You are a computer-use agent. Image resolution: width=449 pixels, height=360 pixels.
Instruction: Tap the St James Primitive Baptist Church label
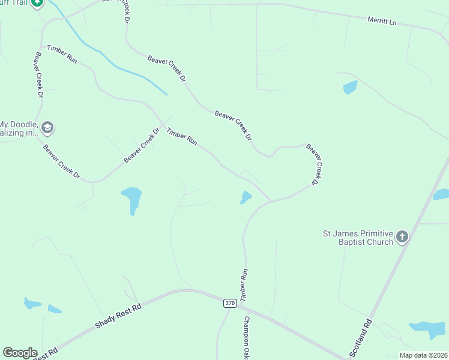coord(358,237)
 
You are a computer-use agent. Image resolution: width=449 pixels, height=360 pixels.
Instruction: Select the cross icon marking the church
coord(402,237)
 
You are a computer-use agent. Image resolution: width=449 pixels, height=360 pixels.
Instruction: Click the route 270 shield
coord(230,303)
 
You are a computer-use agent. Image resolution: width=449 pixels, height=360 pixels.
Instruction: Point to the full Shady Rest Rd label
coord(118,316)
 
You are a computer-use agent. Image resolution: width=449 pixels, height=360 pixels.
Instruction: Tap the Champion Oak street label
coord(246,338)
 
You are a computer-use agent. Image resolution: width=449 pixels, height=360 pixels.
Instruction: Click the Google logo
coord(20,353)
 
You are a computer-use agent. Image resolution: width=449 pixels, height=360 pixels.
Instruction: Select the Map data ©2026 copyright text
coord(423,355)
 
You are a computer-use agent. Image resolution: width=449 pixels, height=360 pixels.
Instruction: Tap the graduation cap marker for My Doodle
coord(47,128)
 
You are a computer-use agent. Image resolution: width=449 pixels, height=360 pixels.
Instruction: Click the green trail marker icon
coord(37,3)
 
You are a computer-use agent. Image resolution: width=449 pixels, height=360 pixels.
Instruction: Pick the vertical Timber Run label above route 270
coord(244,285)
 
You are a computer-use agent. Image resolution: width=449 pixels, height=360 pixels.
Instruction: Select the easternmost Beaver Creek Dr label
coord(315,163)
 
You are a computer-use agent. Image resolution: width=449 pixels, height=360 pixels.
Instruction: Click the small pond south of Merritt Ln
coord(350,88)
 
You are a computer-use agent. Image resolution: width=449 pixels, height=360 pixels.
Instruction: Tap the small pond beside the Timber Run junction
coord(246,197)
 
